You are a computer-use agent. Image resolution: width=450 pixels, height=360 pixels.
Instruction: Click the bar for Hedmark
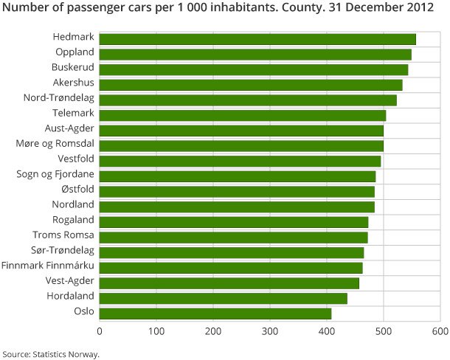257,39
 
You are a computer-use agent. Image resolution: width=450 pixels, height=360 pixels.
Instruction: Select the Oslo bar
215,314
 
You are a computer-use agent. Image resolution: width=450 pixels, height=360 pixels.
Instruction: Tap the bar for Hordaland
223,298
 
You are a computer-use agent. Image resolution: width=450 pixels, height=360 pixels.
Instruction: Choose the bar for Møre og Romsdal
241,145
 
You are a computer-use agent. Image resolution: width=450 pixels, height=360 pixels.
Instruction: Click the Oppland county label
75,52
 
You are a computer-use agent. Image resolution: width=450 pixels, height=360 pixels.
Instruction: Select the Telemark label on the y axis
73,113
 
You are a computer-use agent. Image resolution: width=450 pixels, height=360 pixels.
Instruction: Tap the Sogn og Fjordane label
55,174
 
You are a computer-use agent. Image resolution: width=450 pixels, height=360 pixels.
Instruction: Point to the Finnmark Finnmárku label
48,266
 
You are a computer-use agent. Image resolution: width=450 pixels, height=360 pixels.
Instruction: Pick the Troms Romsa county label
63,235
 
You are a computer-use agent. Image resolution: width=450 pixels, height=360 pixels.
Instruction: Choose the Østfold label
77,190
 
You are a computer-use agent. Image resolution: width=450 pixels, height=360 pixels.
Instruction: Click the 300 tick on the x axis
270,331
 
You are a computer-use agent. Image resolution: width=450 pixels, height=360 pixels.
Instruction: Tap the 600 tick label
440,331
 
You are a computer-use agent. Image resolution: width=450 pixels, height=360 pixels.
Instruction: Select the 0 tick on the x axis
100,331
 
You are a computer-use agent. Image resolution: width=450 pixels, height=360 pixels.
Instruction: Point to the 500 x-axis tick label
384,331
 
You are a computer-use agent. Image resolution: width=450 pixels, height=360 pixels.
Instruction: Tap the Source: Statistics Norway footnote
50,353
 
